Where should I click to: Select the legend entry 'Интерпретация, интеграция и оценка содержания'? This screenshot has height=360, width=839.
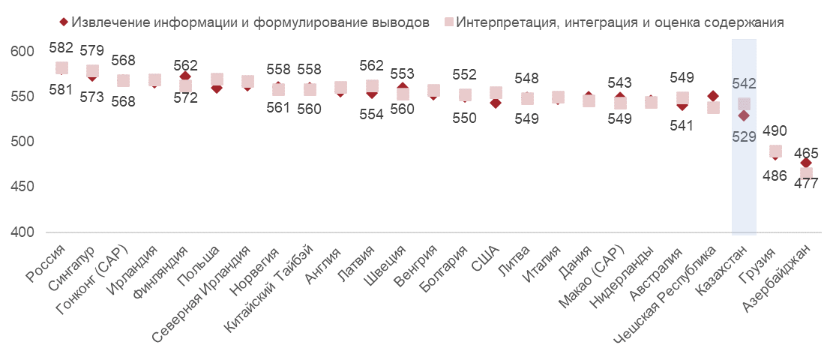[619, 22]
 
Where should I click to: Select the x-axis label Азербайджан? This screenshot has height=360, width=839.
[781, 278]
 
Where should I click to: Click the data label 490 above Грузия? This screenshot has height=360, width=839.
[775, 130]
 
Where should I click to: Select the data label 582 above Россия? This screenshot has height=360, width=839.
[61, 48]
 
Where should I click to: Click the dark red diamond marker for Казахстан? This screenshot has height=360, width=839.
[744, 115]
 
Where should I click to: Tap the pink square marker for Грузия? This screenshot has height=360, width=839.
[775, 151]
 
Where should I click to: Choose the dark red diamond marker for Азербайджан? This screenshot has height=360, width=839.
[806, 163]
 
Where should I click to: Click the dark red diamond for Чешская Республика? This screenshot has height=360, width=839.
[713, 97]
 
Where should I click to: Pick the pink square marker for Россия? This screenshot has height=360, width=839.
[61, 68]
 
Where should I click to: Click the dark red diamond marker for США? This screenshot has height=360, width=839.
[496, 103]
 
